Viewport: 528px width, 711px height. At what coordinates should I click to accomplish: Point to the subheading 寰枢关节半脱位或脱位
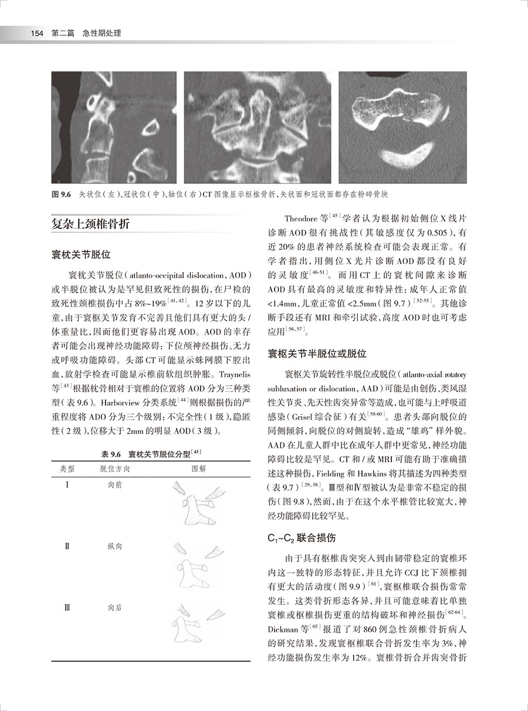coord(317,353)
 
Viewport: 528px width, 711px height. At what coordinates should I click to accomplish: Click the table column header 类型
coord(67,470)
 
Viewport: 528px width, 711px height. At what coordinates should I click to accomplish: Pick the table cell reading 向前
coord(115,485)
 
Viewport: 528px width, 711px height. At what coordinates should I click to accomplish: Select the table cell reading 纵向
coord(115,546)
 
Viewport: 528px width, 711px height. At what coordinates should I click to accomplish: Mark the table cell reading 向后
coord(115,608)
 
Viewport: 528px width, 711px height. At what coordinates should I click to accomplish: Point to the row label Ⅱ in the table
coord(67,546)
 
